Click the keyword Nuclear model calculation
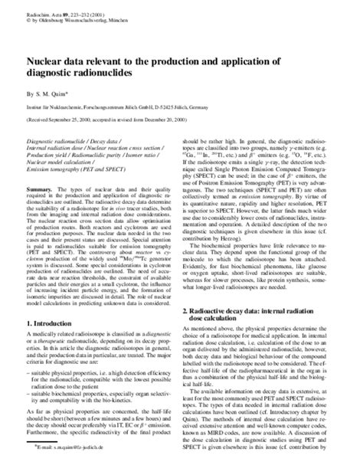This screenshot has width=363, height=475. (60, 162)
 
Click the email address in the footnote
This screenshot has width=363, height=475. (60, 466)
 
